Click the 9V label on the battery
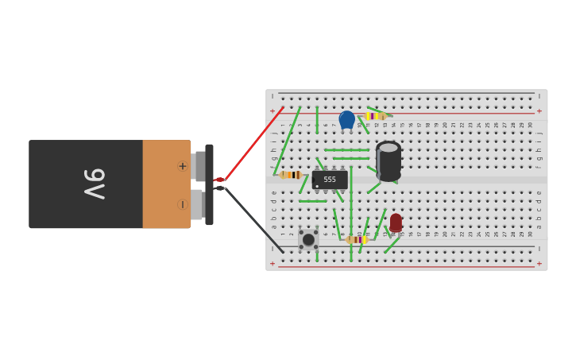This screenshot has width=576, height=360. (x=95, y=184)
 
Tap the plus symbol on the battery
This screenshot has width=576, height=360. (x=183, y=166)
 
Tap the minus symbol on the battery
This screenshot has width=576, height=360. (x=183, y=204)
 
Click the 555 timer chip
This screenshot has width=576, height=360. (x=330, y=180)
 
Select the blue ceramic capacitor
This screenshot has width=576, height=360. (x=346, y=119)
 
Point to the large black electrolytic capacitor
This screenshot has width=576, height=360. (x=389, y=161)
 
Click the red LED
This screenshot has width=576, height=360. (x=396, y=222)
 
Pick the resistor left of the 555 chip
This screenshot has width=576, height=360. (x=291, y=175)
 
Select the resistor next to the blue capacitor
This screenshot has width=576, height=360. (x=374, y=116)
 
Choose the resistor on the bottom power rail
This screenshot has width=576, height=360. (x=357, y=239)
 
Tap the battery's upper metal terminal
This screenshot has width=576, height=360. (x=199, y=166)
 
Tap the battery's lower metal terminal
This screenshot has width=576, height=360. (x=198, y=204)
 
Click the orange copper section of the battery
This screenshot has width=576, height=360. (x=165, y=184)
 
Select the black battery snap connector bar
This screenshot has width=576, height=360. (x=209, y=184)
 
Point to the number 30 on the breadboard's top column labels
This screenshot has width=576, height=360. (x=531, y=125)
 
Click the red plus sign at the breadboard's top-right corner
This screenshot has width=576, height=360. (x=539, y=111)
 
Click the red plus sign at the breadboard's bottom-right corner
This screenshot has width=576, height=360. (x=539, y=263)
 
